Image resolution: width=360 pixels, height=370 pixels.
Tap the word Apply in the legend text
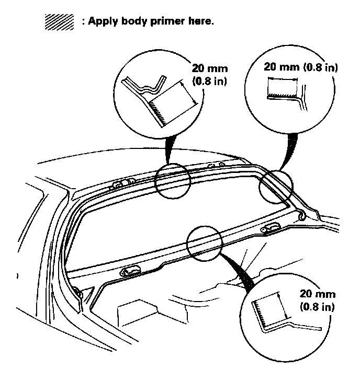(x=103, y=22)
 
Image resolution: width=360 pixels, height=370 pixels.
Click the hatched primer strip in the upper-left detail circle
(x=159, y=112)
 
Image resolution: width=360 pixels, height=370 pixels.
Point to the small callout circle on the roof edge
(x=172, y=180)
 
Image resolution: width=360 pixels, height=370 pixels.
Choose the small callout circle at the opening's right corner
(x=276, y=186)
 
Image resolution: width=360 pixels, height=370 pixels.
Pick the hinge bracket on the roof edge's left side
(x=119, y=183)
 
